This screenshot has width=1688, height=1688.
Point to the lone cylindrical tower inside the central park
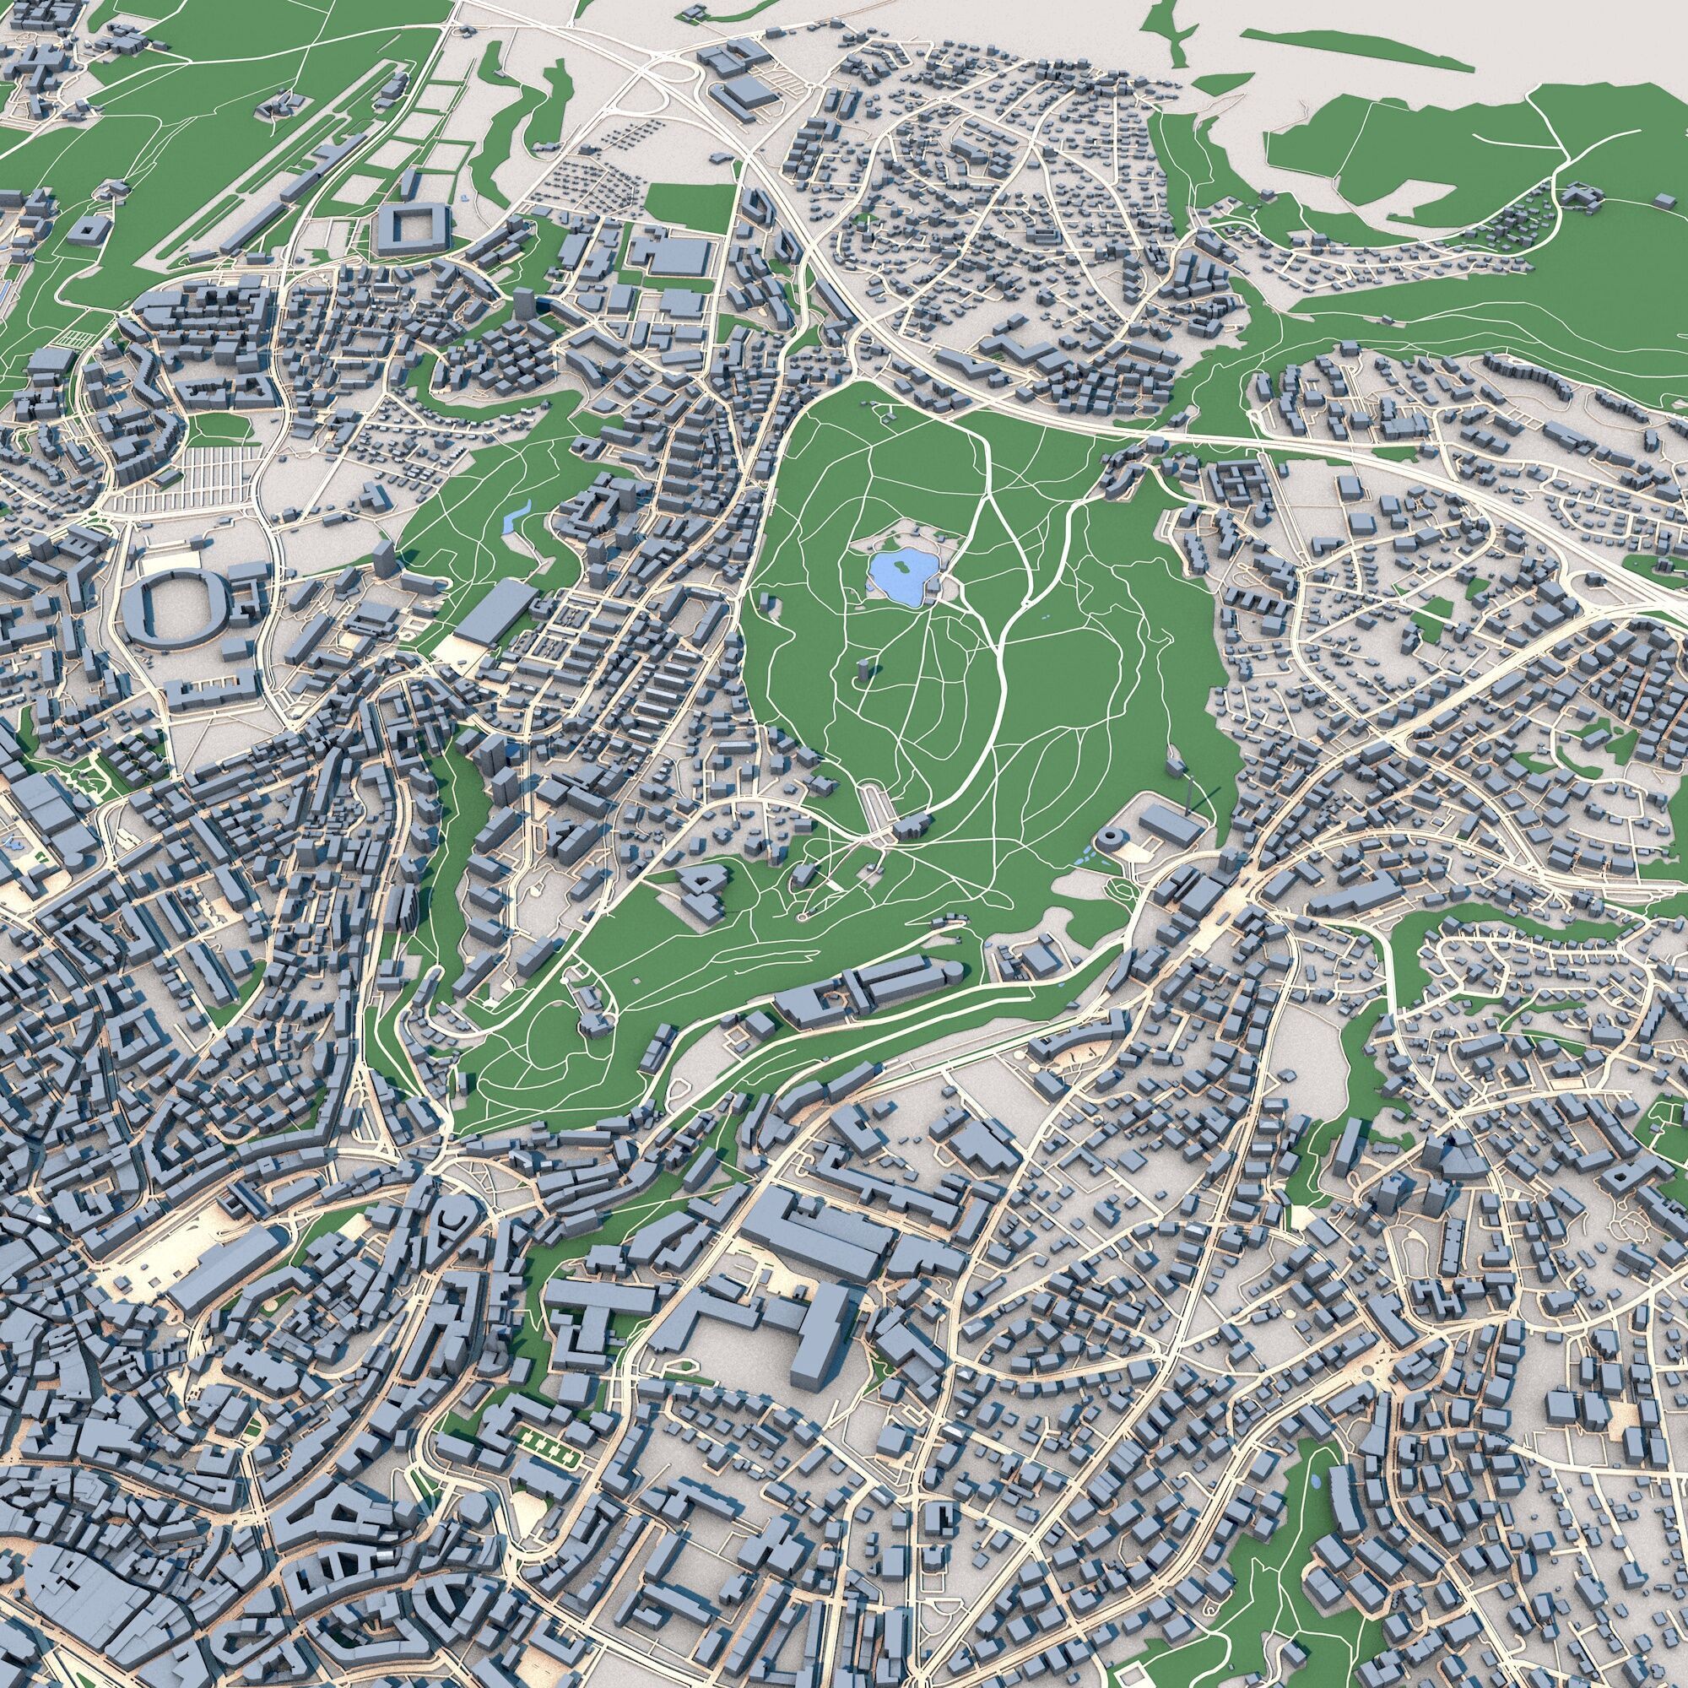[864, 673]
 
